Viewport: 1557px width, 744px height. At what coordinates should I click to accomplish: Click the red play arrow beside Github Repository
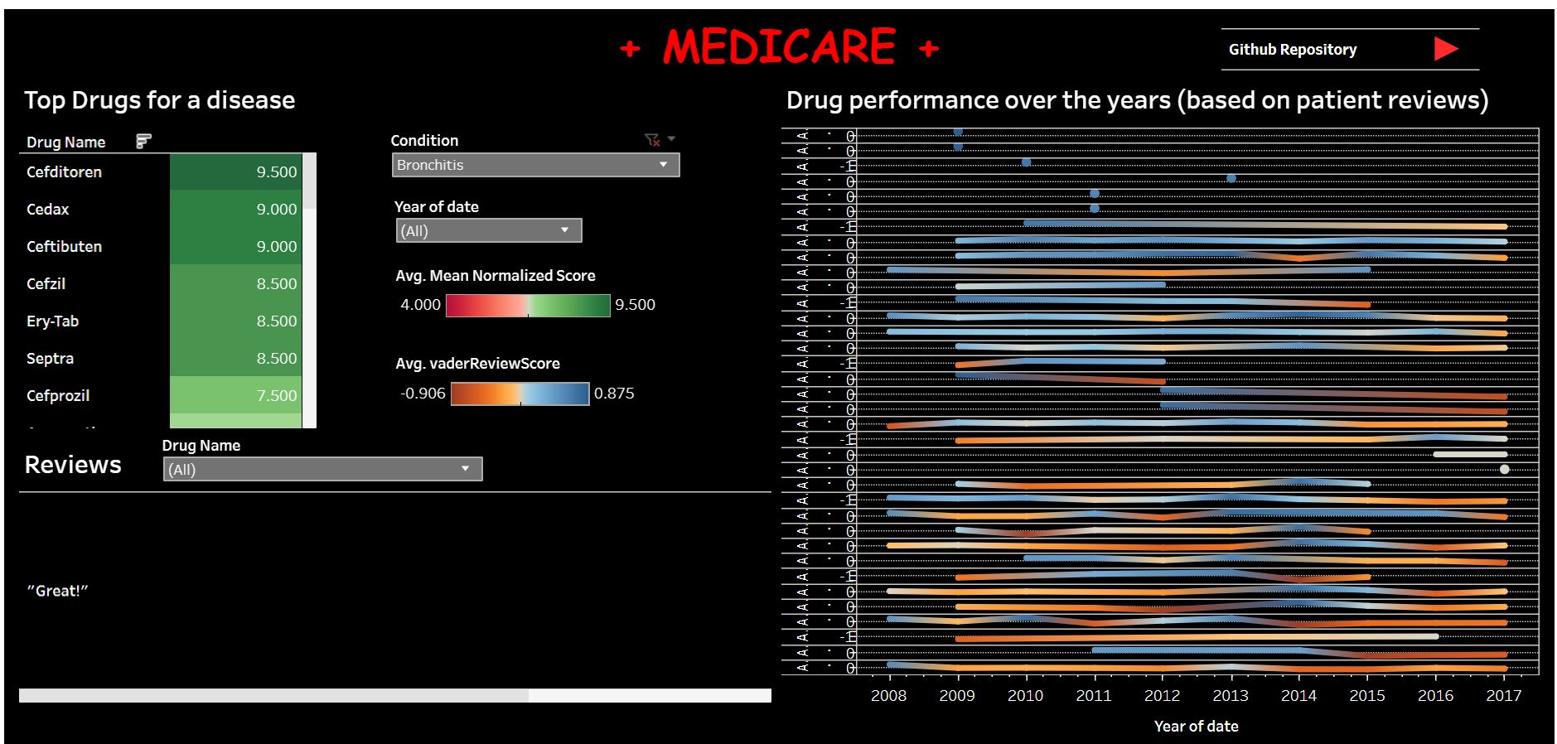(1445, 49)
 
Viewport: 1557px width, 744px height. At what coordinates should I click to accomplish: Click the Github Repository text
(1292, 50)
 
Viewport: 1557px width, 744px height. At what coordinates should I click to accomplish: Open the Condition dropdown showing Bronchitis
(535, 165)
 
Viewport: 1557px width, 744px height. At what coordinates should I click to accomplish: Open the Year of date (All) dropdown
(488, 230)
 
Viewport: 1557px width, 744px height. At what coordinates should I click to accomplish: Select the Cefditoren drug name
(64, 172)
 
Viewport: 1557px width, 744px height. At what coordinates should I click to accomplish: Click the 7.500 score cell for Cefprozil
(235, 395)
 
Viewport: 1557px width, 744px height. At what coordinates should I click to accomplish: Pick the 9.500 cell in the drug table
(235, 172)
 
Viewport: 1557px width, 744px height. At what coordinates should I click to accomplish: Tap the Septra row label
(50, 359)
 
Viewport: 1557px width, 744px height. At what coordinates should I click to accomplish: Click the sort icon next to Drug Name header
(143, 142)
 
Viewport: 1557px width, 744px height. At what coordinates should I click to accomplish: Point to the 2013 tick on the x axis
(1230, 696)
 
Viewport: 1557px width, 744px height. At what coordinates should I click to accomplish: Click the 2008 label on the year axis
(888, 696)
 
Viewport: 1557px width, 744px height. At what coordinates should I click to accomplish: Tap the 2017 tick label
(1503, 696)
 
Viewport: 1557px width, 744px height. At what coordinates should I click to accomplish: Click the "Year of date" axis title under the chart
(1196, 727)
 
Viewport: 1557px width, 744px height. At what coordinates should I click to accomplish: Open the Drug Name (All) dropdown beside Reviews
(322, 470)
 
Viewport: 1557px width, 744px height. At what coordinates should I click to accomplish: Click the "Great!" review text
(57, 591)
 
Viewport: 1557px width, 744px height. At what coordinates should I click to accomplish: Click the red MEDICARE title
(779, 47)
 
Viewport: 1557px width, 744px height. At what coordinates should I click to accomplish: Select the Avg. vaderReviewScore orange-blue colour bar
(520, 394)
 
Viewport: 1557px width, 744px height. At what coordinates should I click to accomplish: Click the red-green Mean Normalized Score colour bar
(528, 306)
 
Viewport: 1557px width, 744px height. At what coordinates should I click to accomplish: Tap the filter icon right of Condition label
(652, 140)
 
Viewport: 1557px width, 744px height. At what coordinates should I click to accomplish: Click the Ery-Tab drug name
(52, 321)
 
